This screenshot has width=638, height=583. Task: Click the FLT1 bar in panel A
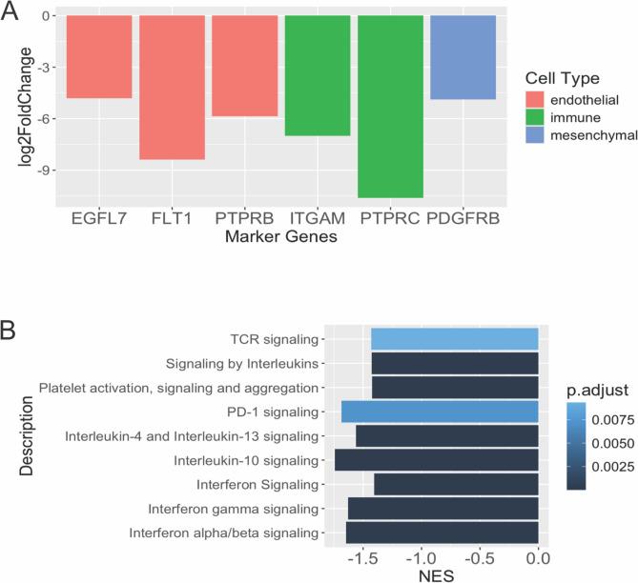(x=172, y=88)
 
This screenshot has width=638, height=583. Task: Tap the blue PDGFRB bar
(x=463, y=57)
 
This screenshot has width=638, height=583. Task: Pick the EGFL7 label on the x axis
(x=99, y=220)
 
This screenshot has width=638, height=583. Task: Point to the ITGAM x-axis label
(x=318, y=220)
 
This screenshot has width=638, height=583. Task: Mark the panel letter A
(x=12, y=12)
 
